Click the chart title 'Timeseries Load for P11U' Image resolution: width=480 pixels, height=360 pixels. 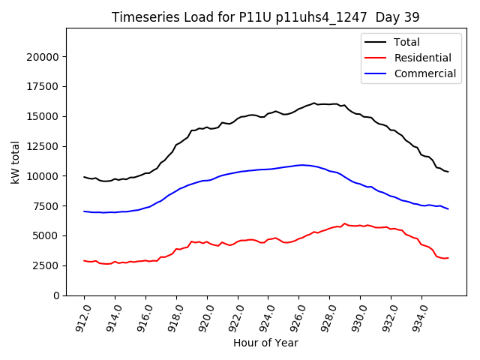(265, 16)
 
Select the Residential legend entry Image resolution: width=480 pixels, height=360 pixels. (423, 58)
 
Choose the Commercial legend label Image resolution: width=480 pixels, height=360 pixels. (424, 73)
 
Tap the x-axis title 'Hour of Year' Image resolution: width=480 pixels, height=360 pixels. (265, 343)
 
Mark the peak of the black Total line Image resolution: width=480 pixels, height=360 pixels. (314, 103)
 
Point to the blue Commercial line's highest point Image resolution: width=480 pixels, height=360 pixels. (302, 165)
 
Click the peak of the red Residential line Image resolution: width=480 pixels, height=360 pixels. (345, 223)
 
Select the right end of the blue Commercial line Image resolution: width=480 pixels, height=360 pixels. (448, 208)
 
